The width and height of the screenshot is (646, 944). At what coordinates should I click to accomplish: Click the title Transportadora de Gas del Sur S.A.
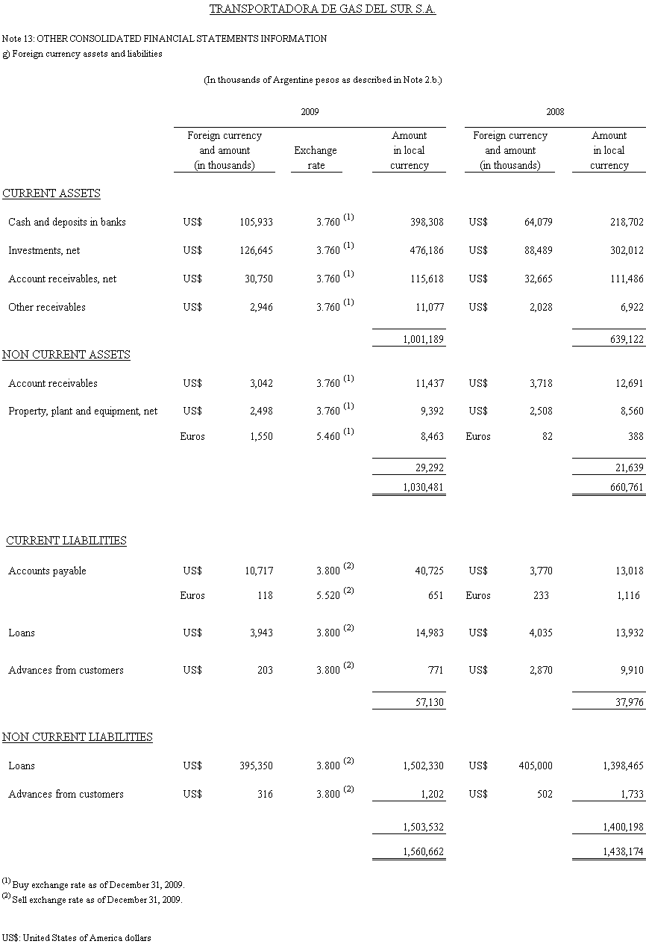322,10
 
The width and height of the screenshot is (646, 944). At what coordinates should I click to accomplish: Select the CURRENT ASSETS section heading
51,193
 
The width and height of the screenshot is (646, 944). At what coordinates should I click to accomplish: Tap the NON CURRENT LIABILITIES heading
78,737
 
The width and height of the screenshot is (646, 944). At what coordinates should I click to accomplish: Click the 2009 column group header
310,111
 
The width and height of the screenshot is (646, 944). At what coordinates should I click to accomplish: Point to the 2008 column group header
554,111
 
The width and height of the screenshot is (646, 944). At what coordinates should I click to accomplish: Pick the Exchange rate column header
316,158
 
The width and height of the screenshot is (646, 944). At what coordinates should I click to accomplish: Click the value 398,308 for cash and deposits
427,222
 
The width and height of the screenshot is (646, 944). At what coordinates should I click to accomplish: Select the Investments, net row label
44,250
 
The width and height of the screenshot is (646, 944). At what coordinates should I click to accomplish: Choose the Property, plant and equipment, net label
83,411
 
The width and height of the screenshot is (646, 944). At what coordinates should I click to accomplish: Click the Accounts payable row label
47,571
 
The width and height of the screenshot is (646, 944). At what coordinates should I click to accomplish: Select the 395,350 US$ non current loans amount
255,766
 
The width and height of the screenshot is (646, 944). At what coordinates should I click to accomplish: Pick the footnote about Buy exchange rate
93,884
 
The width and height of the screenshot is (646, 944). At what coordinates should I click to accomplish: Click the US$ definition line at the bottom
77,937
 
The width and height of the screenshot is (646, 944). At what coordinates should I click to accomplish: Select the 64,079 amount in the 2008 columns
537,222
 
